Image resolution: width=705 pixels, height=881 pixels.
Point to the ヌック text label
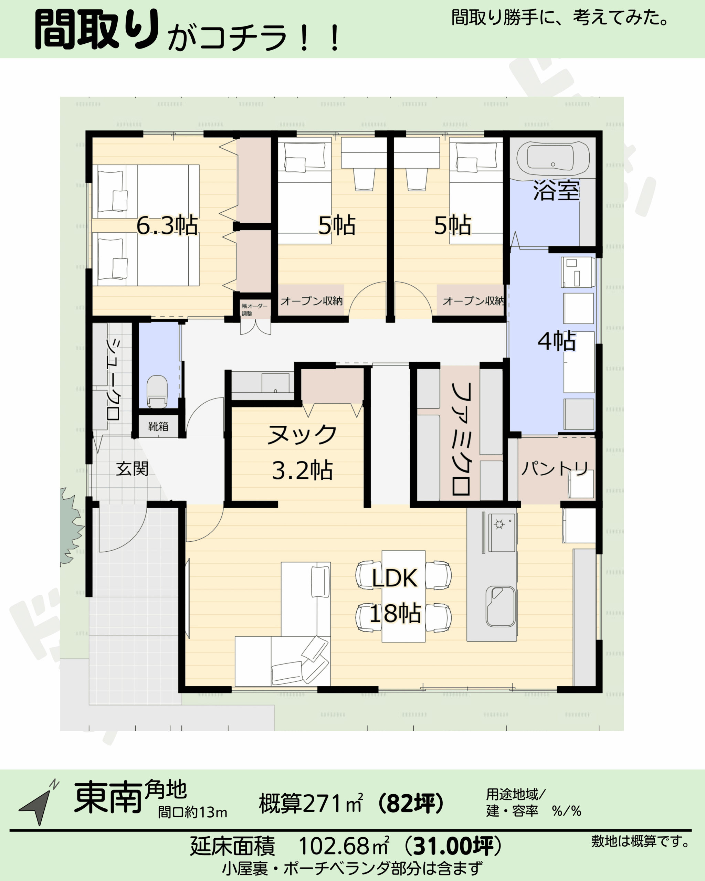(302, 434)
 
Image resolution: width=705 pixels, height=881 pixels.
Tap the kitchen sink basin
(500, 606)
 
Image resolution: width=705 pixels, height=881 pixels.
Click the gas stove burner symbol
(499, 524)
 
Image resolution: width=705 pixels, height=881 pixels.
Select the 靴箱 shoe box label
(158, 427)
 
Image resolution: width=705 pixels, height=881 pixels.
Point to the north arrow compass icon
(38, 804)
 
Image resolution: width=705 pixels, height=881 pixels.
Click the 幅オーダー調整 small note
(254, 310)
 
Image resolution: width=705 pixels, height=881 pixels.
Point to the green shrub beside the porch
(70, 526)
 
